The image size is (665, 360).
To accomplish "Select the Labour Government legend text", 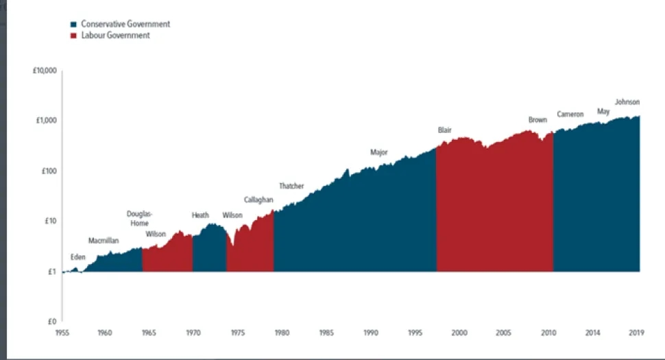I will click(114, 36).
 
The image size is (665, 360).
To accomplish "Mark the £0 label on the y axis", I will click(53, 322).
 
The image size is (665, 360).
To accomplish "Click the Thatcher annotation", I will click(291, 186).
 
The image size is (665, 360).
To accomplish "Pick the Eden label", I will click(78, 257).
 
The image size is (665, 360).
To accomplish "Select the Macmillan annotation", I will click(104, 241).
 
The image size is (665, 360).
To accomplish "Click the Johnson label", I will click(627, 102).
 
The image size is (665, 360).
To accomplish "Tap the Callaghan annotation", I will click(258, 200).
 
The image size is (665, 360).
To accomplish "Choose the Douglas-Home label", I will click(140, 218).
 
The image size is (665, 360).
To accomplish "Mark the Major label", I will click(379, 152).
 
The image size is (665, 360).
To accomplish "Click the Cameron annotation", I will click(570, 115).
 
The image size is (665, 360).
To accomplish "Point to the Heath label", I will click(200, 215).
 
